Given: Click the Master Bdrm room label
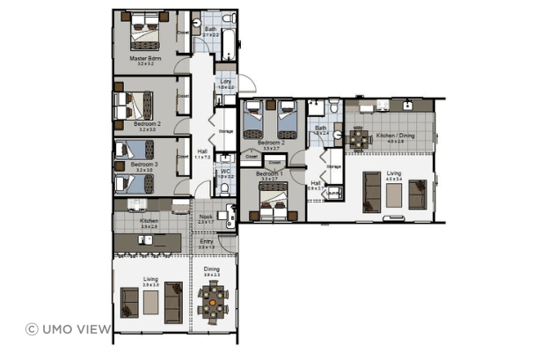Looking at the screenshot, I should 142,58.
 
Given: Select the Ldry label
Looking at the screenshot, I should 225,81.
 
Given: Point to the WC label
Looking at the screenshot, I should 225,172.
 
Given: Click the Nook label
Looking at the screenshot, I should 206,217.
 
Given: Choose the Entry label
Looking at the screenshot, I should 206,241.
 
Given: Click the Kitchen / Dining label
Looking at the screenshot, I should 395,136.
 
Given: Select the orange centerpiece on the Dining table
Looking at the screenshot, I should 212,300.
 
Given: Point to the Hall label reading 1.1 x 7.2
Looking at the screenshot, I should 202,151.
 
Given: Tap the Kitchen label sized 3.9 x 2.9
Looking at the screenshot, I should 148,222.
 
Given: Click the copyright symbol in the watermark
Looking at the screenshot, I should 32,329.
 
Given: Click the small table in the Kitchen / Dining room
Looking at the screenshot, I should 358,138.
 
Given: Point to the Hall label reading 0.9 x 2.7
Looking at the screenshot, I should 316,184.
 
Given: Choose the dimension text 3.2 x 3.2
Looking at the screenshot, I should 142,64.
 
